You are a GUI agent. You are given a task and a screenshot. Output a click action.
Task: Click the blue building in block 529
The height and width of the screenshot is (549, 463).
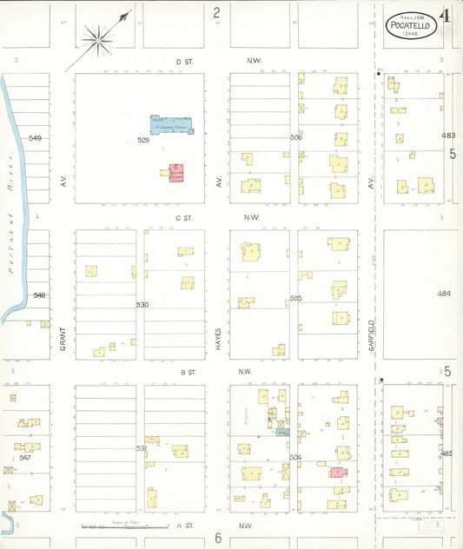pos(171,125)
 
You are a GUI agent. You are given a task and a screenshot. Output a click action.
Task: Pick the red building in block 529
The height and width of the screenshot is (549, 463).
pos(176,171)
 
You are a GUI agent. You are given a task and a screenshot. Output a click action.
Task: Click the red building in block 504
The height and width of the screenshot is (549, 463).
pos(336,473)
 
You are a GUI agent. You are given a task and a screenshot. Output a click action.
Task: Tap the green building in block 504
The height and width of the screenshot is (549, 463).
pos(282,431)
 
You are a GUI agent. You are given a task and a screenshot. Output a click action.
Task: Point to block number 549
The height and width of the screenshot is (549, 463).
pos(35,138)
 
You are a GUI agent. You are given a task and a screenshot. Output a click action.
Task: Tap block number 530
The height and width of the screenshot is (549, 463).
pos(142,305)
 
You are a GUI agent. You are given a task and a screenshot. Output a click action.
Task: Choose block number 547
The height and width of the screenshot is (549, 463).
pos(25,457)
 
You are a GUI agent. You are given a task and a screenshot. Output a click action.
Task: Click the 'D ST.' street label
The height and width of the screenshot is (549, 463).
pos(182,61)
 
